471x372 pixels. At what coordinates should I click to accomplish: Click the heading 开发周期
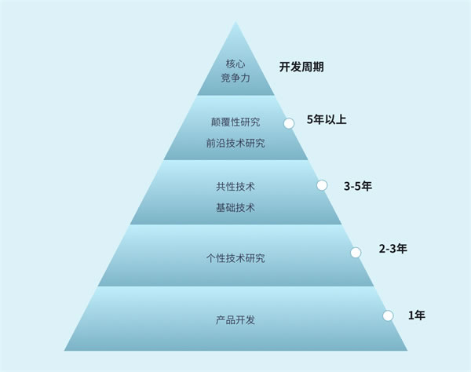(301, 67)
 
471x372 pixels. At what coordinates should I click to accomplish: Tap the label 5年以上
(327, 119)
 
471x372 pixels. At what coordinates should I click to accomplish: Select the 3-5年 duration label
(358, 186)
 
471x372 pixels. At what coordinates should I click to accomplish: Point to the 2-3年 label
(393, 249)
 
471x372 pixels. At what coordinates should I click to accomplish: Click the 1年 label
(417, 315)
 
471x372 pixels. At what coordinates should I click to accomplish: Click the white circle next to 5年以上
(289, 123)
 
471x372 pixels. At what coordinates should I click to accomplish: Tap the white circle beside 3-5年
(322, 185)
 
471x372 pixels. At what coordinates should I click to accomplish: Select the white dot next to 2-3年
(356, 253)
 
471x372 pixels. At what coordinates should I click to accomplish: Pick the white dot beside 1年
(388, 315)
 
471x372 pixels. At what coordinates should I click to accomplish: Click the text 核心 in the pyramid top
(235, 64)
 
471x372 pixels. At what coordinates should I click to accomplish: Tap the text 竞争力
(235, 78)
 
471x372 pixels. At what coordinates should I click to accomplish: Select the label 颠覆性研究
(235, 122)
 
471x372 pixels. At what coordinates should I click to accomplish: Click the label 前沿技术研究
(235, 143)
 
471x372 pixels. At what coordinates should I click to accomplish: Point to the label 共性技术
(235, 187)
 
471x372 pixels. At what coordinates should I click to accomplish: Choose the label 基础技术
(235, 207)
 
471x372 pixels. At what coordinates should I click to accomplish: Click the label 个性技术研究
(235, 258)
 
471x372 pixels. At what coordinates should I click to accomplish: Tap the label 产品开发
(235, 320)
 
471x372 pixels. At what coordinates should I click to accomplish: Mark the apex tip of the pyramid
(235, 22)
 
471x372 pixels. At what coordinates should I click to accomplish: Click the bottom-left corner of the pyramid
(64, 350)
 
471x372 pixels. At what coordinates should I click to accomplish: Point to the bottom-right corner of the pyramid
(407, 350)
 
